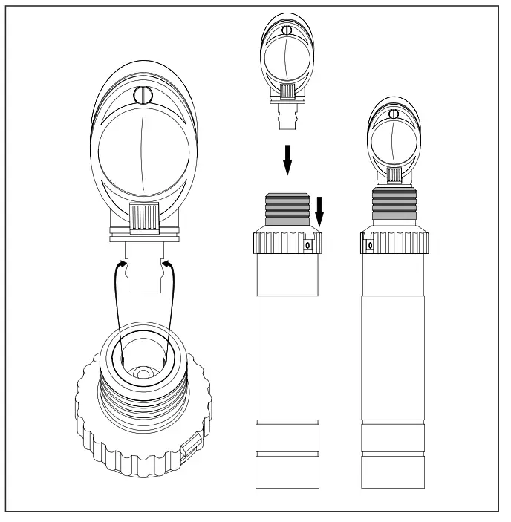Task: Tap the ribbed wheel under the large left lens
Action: (146, 220)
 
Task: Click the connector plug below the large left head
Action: (145, 271)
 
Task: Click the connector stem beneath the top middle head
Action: (288, 117)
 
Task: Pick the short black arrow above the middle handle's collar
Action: (319, 211)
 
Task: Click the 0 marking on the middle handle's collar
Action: (309, 244)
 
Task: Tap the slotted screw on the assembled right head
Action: (394, 114)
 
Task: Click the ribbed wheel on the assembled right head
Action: (394, 175)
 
